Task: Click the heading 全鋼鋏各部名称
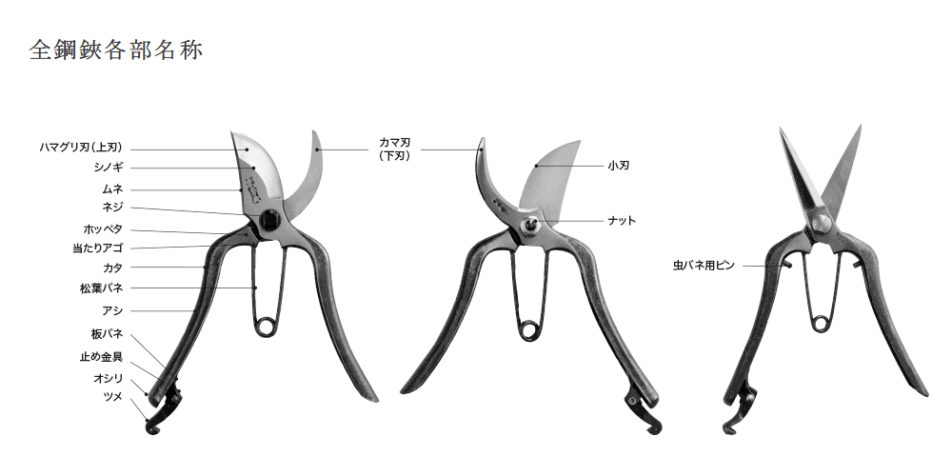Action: click(x=116, y=50)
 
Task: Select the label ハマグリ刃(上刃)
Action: click(x=81, y=148)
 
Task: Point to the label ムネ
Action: click(x=112, y=189)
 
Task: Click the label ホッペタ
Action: click(x=103, y=229)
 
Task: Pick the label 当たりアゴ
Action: click(x=98, y=248)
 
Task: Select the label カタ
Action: click(x=113, y=268)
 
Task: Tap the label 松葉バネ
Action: click(x=102, y=288)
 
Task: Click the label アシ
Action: click(x=112, y=311)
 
